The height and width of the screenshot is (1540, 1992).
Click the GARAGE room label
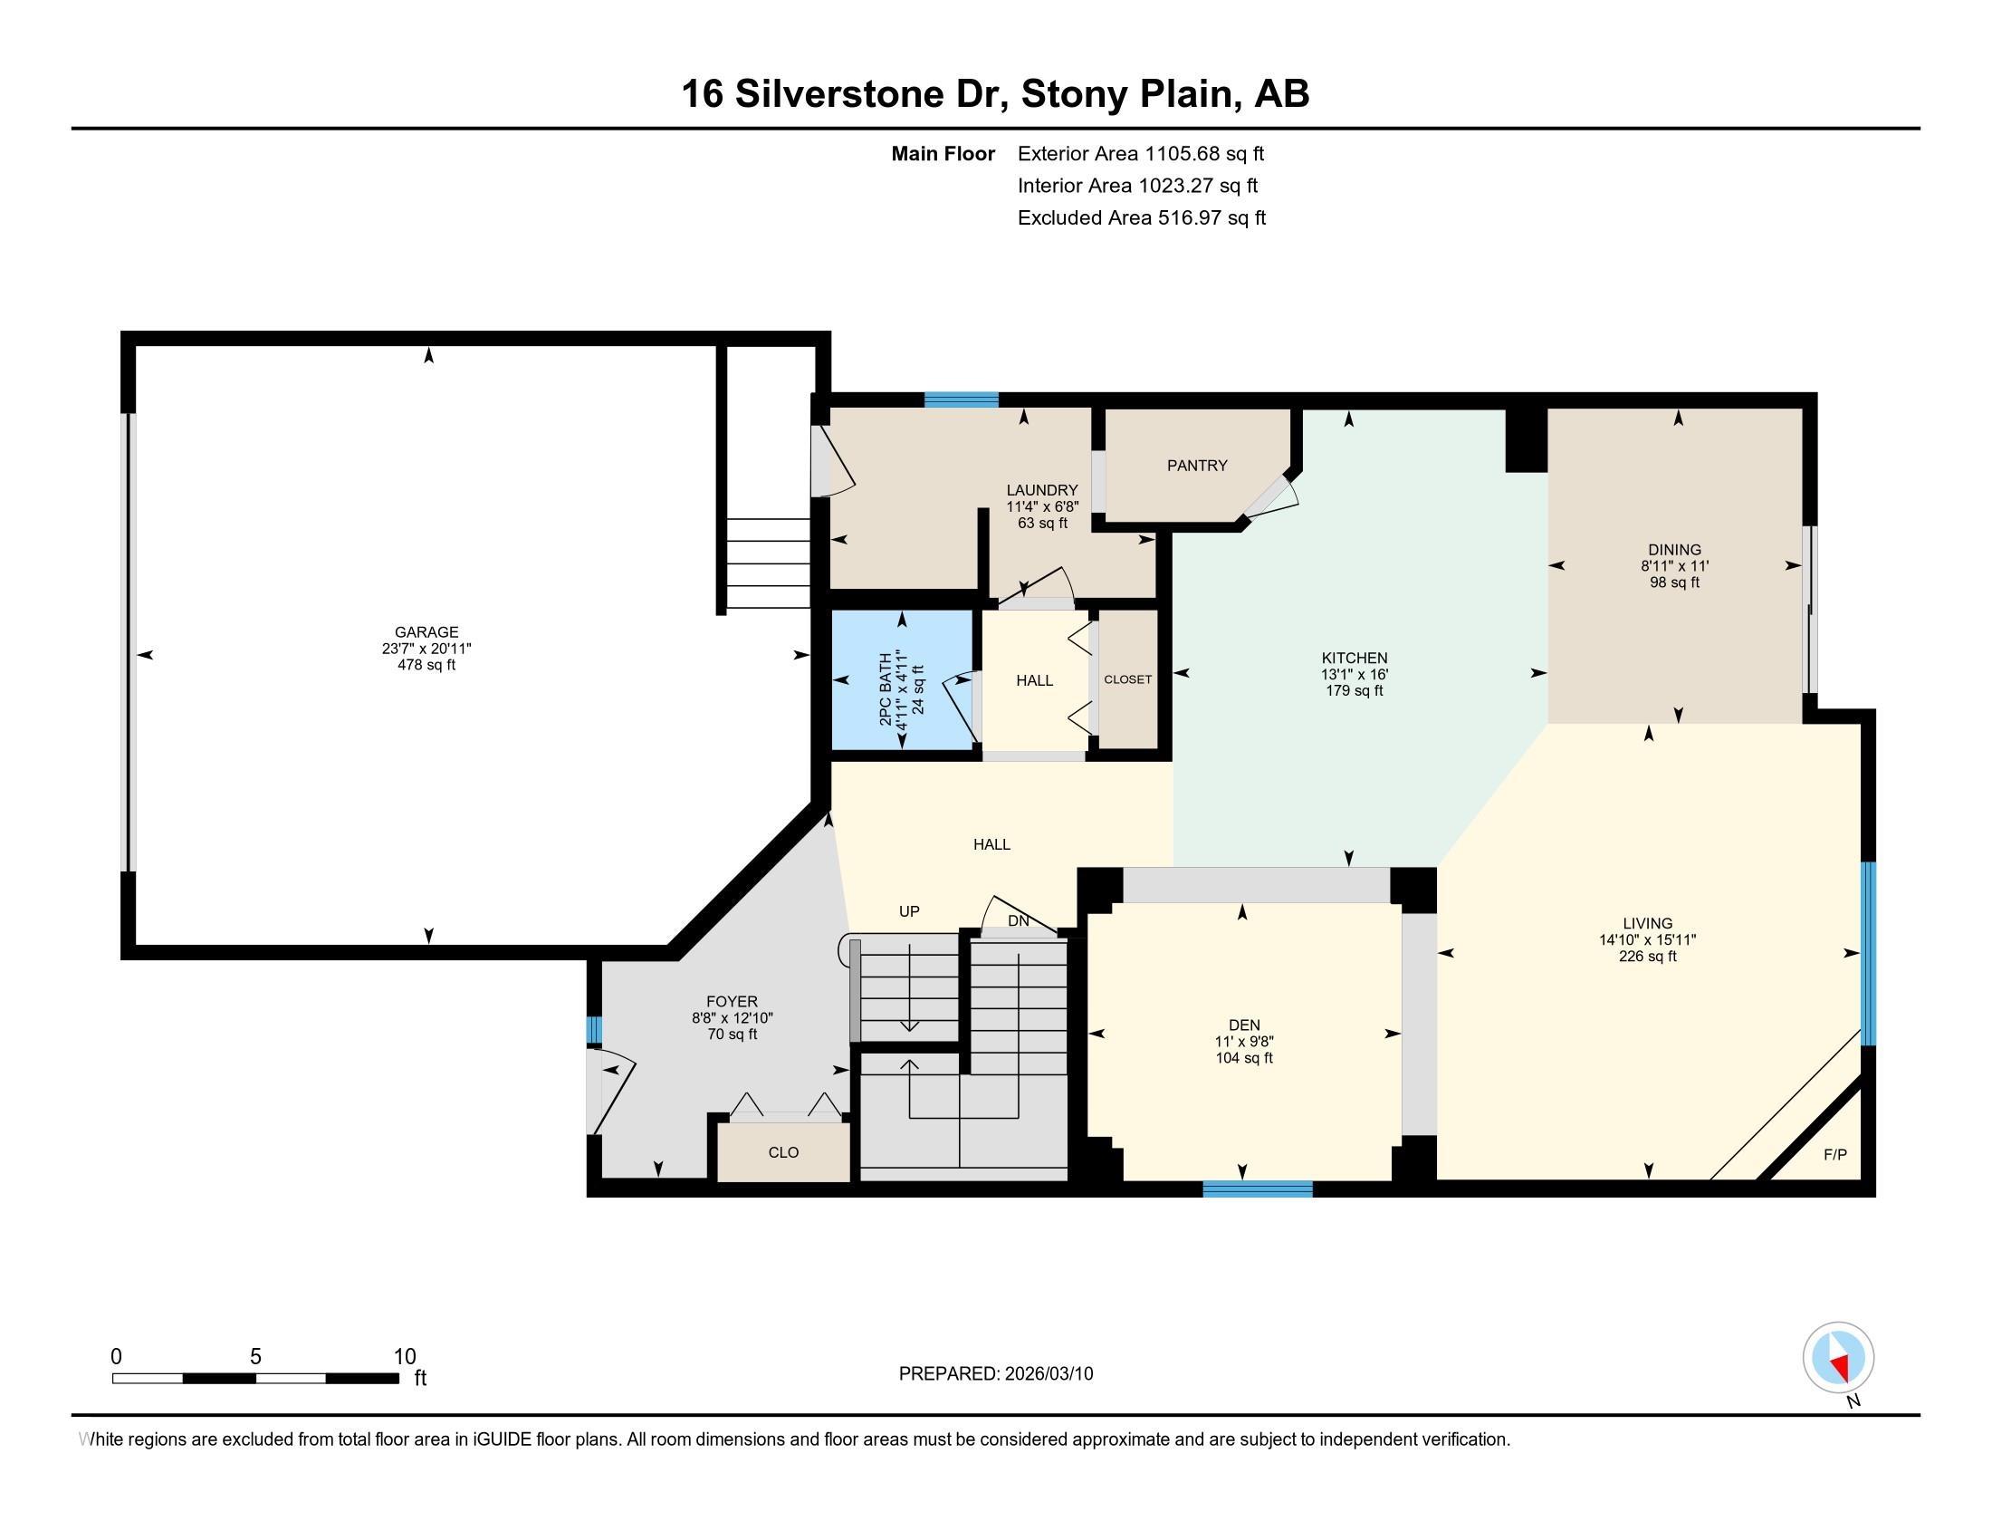click(x=426, y=631)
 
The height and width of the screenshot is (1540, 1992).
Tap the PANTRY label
click(x=1197, y=466)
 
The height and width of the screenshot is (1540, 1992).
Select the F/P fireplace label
click(x=1835, y=1154)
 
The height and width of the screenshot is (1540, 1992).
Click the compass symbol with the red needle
click(x=1838, y=1358)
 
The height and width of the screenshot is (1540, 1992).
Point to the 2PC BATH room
click(x=902, y=680)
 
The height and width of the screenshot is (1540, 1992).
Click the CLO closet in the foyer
click(x=783, y=1152)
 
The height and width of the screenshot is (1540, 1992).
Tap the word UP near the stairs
click(x=909, y=910)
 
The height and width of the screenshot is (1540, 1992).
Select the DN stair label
click(x=1019, y=920)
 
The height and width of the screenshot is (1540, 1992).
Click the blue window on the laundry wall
click(x=962, y=399)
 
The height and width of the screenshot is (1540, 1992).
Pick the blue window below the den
click(x=1258, y=1189)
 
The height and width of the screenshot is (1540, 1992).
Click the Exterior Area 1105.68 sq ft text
click(x=1141, y=153)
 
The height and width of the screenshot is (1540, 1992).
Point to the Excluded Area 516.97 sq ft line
click(x=1142, y=217)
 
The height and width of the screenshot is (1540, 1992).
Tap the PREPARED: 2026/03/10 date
click(x=996, y=1373)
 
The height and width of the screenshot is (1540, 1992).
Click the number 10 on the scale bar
click(x=405, y=1356)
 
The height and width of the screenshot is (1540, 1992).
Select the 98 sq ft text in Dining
click(x=1674, y=582)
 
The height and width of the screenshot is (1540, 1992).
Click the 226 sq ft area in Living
click(x=1647, y=956)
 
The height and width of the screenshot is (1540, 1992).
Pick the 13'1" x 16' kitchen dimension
click(x=1355, y=674)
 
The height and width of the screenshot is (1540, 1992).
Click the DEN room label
click(x=1244, y=1025)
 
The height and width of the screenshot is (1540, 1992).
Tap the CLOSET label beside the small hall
click(x=1127, y=679)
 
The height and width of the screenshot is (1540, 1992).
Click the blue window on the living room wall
click(x=1868, y=953)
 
